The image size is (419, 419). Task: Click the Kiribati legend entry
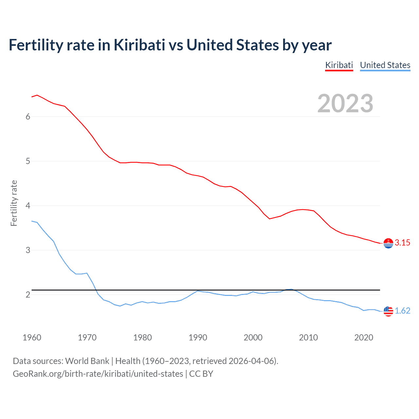[339, 65]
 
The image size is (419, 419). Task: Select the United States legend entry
[385, 65]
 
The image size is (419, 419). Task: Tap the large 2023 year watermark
[345, 103]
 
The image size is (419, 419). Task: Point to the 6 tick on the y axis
[28, 117]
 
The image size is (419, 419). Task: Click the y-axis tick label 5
[28, 161]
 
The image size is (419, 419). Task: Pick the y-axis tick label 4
[28, 206]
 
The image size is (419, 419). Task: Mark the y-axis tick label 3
[28, 250]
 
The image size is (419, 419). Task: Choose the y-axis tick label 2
[28, 295]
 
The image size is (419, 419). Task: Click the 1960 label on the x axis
[32, 337]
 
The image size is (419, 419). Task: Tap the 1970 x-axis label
[87, 337]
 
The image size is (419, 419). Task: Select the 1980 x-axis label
[142, 337]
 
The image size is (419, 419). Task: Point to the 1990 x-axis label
[198, 337]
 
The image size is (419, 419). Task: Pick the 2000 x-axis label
[253, 337]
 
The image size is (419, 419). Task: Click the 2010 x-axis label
[308, 337]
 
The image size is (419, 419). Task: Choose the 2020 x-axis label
[364, 337]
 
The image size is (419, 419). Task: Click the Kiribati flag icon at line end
[388, 243]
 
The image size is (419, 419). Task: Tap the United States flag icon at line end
[388, 311]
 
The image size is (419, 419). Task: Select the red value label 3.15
[402, 243]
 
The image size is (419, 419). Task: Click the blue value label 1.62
[402, 311]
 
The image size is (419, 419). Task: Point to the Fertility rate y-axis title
[14, 203]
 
